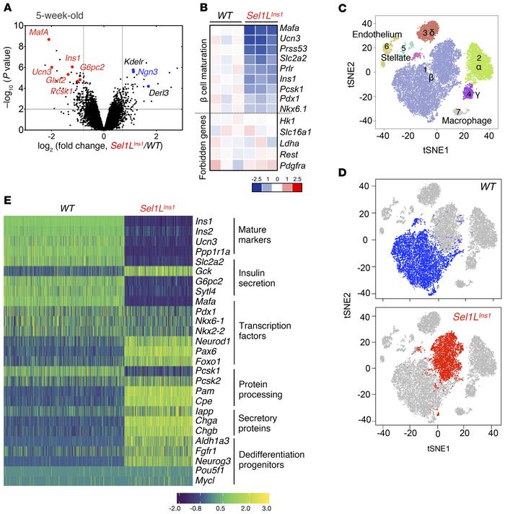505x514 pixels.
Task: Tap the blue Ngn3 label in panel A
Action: tap(149, 73)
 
